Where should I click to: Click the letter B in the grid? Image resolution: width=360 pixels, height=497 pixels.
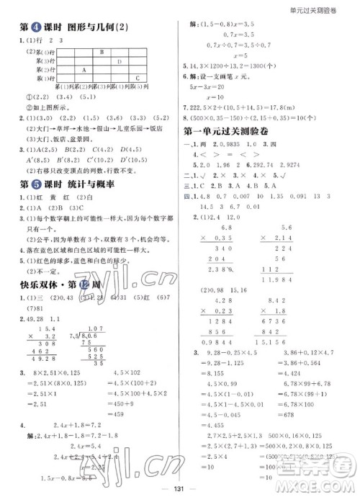pyautogui.click(x=101, y=53)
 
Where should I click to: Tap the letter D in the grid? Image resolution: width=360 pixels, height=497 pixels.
pyautogui.click(x=119, y=61)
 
